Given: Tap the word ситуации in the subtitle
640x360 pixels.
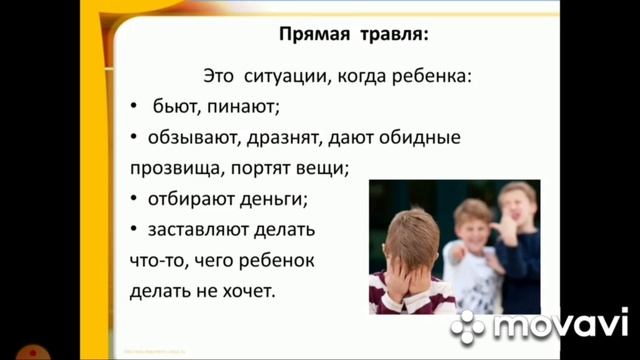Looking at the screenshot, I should (x=286, y=74).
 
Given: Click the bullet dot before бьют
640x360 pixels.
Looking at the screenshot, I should (x=135, y=105).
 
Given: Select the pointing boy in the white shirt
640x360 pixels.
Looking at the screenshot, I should (x=471, y=250).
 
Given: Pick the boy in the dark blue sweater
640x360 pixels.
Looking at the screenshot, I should (x=518, y=245).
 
